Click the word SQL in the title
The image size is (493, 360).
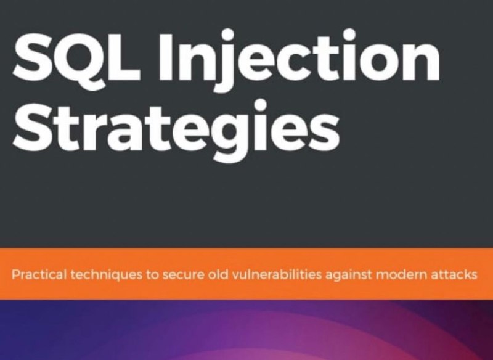pyautogui.click(x=76, y=57)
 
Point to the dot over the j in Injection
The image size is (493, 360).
pyautogui.click(x=226, y=35)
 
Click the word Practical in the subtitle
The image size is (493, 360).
pyautogui.click(x=39, y=274)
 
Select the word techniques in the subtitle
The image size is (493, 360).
pyautogui.click(x=106, y=275)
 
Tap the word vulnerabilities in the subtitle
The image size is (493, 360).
pyautogui.click(x=277, y=275)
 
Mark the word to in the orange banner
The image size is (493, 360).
pyautogui.click(x=152, y=276)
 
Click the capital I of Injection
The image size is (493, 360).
pyautogui.click(x=166, y=57)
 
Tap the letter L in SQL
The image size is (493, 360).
pyautogui.click(x=125, y=57)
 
